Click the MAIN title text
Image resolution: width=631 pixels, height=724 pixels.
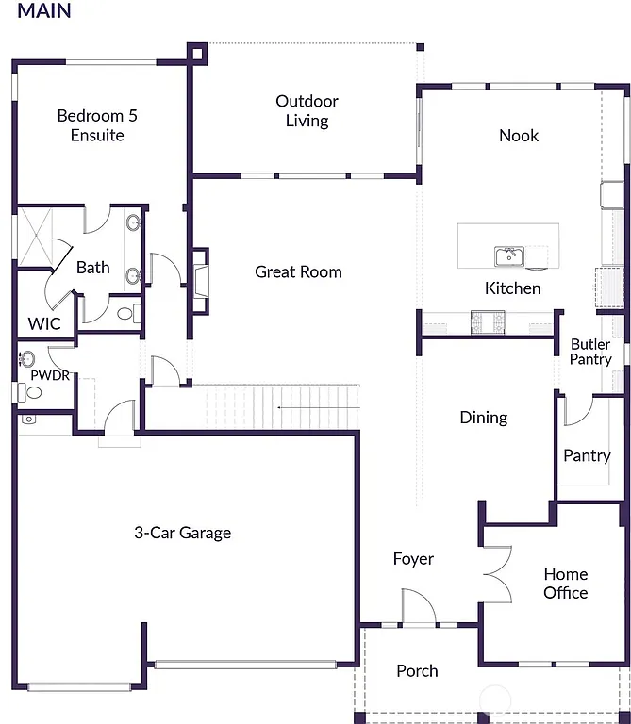pyautogui.click(x=43, y=12)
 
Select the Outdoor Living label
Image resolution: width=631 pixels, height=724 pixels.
pyautogui.click(x=307, y=110)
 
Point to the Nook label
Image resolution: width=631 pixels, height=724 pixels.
pyautogui.click(x=518, y=136)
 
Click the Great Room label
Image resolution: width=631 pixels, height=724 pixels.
pyautogui.click(x=298, y=272)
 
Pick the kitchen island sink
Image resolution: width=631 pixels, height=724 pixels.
pyautogui.click(x=508, y=255)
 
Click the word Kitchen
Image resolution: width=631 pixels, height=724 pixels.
pyautogui.click(x=512, y=288)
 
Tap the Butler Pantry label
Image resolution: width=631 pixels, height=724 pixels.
pyautogui.click(x=590, y=352)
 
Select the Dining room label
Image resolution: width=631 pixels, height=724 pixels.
pyautogui.click(x=483, y=418)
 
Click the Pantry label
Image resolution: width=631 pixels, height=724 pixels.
pyautogui.click(x=587, y=455)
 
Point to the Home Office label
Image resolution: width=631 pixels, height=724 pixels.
pyautogui.click(x=565, y=584)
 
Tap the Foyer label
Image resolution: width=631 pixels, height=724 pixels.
pyautogui.click(x=413, y=559)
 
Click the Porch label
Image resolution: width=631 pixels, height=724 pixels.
pyautogui.click(x=417, y=671)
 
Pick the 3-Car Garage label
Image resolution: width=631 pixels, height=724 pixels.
pyautogui.click(x=182, y=533)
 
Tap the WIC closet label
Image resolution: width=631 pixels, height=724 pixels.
pyautogui.click(x=43, y=323)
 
